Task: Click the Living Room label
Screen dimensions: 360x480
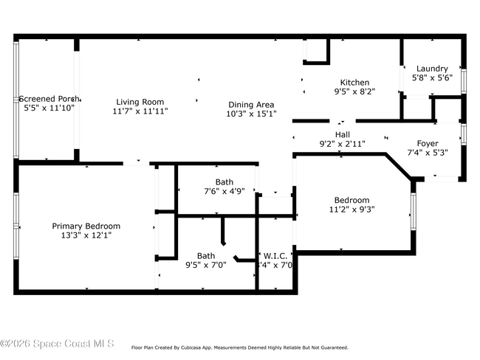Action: pos(140,102)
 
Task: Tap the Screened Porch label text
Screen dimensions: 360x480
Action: pos(49,98)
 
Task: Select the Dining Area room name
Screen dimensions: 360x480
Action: pos(250,105)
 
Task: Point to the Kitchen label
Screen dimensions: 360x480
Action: pos(354,83)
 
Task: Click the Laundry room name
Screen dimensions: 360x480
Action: pos(432,69)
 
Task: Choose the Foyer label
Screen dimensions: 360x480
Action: pos(428,143)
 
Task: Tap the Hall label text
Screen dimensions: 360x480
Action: pos(343,134)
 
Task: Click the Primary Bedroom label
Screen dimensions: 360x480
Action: pos(86,226)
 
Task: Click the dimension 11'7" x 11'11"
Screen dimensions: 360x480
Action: pos(140,111)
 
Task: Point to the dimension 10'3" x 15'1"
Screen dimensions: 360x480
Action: pos(250,114)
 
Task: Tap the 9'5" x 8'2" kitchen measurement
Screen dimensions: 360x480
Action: pos(354,92)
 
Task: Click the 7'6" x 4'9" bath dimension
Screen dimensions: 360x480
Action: pos(224,191)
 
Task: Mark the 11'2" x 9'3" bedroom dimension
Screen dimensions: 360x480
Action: pos(352,209)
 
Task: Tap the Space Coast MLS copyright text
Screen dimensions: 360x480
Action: pos(57,344)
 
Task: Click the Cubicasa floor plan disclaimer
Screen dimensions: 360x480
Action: pos(239,347)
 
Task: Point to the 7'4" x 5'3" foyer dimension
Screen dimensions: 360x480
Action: pos(428,153)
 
